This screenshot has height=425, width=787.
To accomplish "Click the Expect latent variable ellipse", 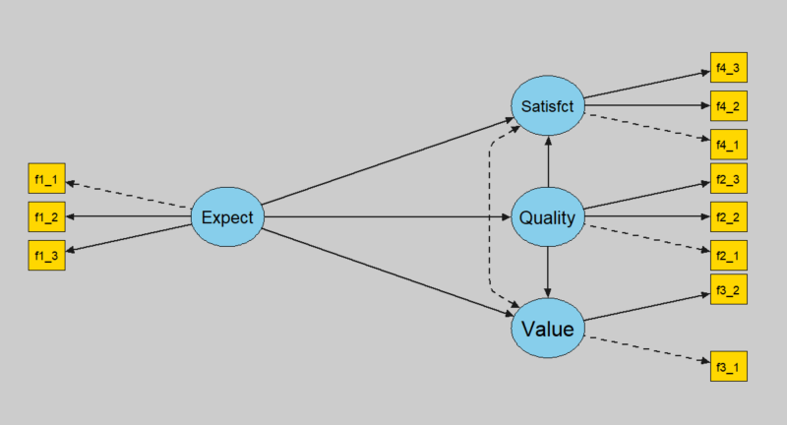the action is (x=227, y=216).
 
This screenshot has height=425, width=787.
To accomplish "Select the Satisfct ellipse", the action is (x=548, y=106).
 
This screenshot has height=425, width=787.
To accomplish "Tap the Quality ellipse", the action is (x=548, y=216).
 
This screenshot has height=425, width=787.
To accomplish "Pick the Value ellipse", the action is (x=548, y=329).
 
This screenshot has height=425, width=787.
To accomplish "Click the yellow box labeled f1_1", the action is (x=46, y=178).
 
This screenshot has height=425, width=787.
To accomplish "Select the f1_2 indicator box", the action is (x=46, y=216).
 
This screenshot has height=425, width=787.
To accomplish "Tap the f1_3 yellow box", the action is (x=46, y=256).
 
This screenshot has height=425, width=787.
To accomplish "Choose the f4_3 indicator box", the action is (x=729, y=67).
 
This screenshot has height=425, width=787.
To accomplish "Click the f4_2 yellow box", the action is (x=729, y=106).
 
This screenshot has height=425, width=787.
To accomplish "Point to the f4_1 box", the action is (x=729, y=145).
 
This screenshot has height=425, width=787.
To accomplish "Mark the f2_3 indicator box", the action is (x=729, y=178).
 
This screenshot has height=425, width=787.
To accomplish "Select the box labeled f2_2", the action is (x=729, y=216).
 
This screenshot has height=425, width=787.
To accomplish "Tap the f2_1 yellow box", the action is (x=729, y=256).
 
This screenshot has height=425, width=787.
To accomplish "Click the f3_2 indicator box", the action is (x=729, y=289).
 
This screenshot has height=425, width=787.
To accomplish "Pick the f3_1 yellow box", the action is (x=729, y=366).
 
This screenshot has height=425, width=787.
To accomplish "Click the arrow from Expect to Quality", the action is (x=387, y=216).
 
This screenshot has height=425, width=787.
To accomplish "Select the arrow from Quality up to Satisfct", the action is (x=548, y=161).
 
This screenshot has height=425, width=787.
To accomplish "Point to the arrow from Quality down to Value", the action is (x=548, y=273).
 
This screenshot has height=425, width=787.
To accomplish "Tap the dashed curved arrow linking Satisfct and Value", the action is (x=489, y=216).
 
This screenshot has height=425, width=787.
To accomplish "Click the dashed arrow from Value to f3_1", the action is (x=647, y=349).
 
